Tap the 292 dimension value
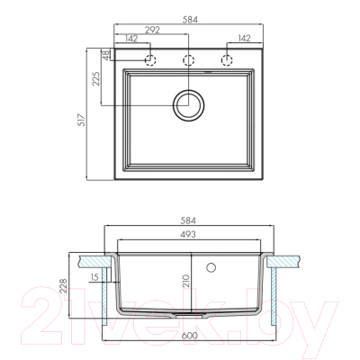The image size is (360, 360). coord(152,30)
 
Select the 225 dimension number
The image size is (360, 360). coord(96,79)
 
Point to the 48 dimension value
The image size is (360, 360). coord(105,56)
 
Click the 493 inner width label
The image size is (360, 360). coord(188,234)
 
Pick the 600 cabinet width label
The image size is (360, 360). coord(190,335)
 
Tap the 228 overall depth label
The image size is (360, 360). coord(63,285)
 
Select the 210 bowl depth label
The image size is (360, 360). coord(186,281)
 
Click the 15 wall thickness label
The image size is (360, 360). coord(94,277)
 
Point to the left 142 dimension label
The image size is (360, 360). coord(130,38)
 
